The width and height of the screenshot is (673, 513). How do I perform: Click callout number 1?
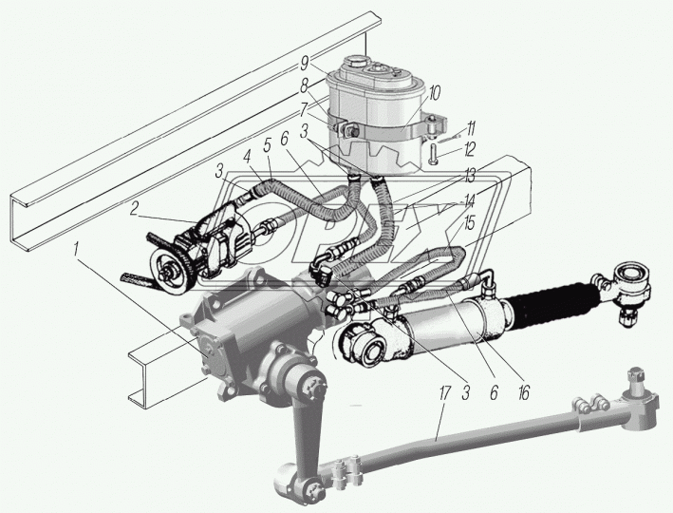(76, 250)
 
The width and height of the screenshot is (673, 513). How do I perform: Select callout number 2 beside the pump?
(134, 209)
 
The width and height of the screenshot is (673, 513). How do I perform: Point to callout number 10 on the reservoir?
(435, 93)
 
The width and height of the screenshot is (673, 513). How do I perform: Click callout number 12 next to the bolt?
(469, 149)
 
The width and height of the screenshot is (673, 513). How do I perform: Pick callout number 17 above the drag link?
(444, 393)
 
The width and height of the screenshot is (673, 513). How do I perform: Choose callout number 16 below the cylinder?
(523, 392)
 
